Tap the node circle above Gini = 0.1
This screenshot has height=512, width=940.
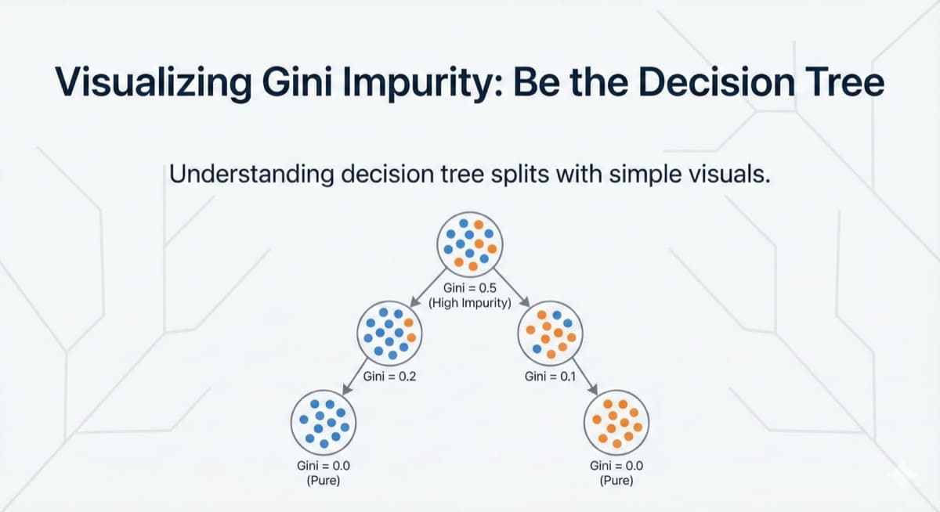[x=550, y=334]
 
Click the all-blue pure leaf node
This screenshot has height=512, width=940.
[x=324, y=424]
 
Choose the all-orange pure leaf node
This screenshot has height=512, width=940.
[x=616, y=424]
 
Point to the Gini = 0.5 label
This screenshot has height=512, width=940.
[x=469, y=287]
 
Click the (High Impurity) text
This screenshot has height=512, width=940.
[x=469, y=301]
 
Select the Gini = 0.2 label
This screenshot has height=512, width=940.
[x=389, y=377]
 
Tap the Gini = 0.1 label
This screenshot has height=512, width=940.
[x=550, y=377]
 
